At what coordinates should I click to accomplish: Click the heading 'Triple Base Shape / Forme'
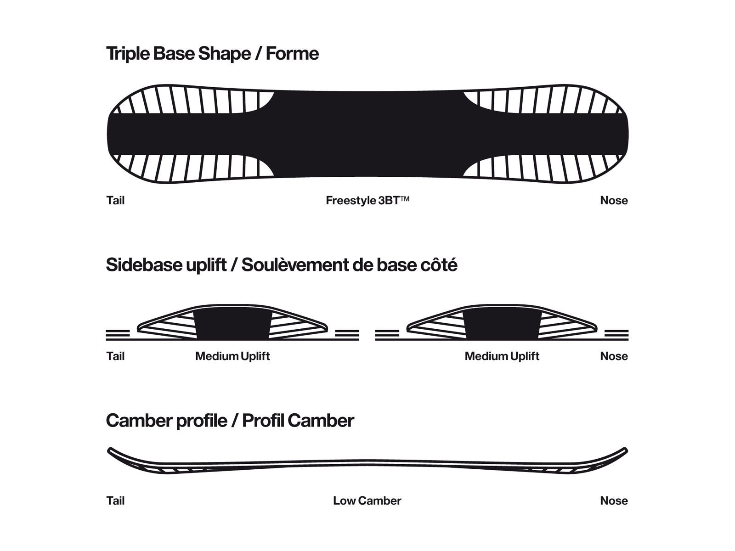click(212, 54)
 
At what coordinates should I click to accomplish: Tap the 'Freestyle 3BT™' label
click(367, 201)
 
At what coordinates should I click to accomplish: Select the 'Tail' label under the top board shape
click(115, 201)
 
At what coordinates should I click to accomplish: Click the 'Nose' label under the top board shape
click(614, 201)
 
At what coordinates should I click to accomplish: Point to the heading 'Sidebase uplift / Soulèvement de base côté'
click(282, 265)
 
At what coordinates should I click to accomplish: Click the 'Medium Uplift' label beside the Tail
click(232, 356)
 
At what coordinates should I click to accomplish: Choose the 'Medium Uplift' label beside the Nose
click(502, 356)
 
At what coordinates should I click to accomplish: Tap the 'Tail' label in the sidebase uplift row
click(115, 356)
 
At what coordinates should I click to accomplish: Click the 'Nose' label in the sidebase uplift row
click(614, 356)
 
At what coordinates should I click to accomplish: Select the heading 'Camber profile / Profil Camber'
click(230, 421)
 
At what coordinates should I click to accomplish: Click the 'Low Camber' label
click(367, 501)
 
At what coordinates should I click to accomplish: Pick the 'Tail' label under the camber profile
click(115, 501)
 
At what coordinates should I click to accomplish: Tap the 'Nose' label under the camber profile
click(614, 501)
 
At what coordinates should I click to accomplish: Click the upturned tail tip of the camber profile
click(111, 451)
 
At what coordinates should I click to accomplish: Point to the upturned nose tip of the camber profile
click(624, 451)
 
